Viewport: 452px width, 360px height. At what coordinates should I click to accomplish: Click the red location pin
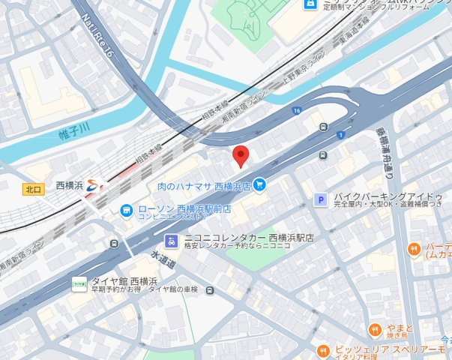pos(241,155)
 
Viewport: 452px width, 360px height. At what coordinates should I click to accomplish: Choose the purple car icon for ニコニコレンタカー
pos(171,241)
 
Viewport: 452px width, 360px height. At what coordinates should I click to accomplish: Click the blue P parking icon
pos(321,199)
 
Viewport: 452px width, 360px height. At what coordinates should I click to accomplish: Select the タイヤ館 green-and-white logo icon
pos(79,284)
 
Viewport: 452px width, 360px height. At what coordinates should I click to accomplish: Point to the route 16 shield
pos(298,110)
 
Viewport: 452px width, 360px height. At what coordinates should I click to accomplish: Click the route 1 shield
pos(340,134)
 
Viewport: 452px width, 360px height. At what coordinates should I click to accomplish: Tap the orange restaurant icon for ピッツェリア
pos(323,350)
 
